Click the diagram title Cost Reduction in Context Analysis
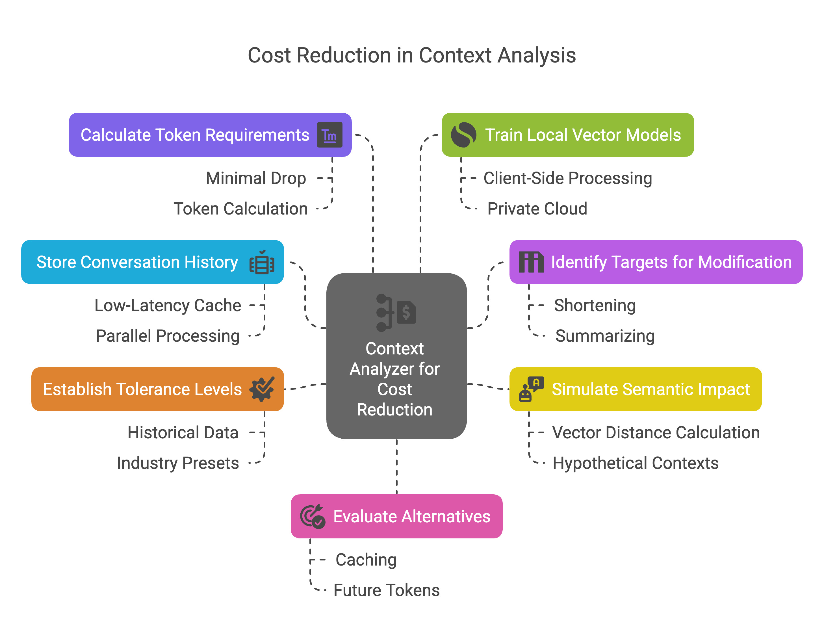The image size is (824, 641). [x=412, y=55]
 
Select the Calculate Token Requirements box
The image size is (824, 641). [x=194, y=135]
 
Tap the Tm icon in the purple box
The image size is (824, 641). [x=329, y=135]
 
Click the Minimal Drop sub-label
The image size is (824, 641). [x=256, y=178]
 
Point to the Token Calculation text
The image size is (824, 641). [x=240, y=209]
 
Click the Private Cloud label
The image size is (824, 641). [x=537, y=209]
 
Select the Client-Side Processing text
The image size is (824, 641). [x=567, y=178]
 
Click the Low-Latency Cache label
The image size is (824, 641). [x=168, y=305]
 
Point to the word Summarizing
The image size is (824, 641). [x=605, y=336]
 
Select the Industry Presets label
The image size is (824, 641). [x=178, y=463]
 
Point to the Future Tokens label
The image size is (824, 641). [x=386, y=590]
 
